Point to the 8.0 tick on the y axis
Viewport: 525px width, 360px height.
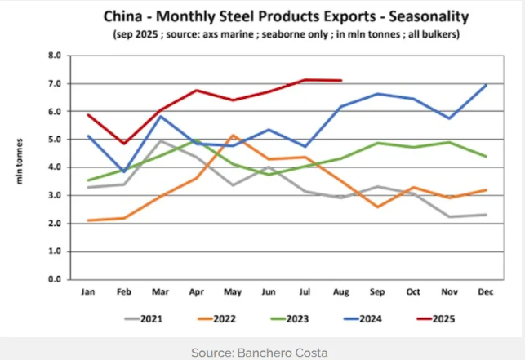pyautogui.click(x=56, y=56)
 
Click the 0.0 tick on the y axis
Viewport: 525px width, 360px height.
pyautogui.click(x=56, y=279)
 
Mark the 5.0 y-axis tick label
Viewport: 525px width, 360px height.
pyautogui.click(x=56, y=140)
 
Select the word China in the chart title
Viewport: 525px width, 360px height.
pyautogui.click(x=122, y=16)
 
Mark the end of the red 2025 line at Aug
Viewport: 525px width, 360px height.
pyautogui.click(x=340, y=81)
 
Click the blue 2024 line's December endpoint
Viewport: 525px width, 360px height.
pyautogui.click(x=485, y=85)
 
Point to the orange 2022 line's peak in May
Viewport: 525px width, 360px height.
pyautogui.click(x=233, y=136)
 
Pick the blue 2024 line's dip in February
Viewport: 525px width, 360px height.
pyautogui.click(x=123, y=171)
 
